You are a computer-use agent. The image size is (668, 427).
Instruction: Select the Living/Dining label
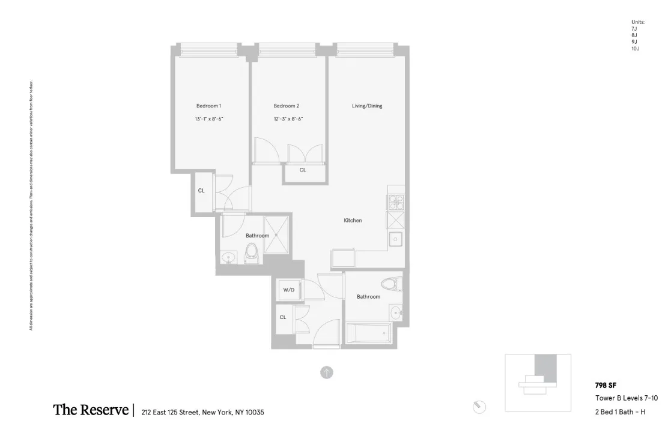click(x=367, y=106)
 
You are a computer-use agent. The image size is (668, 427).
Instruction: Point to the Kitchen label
click(x=353, y=221)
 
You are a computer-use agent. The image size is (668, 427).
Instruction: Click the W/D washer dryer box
click(x=289, y=290)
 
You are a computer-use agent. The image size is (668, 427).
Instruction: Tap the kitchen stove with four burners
click(x=396, y=202)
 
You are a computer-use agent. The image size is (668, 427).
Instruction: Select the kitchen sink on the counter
click(x=396, y=239)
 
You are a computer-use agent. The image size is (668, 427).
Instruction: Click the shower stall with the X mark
click(x=277, y=234)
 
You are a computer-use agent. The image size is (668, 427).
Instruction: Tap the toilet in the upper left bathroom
click(x=251, y=254)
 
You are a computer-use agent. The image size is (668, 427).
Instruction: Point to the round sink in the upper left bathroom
click(x=228, y=258)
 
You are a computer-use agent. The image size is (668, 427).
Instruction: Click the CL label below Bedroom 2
click(x=303, y=170)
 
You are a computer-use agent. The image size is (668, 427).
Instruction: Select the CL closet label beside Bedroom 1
click(x=201, y=191)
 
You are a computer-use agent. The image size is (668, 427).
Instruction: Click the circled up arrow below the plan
click(x=326, y=372)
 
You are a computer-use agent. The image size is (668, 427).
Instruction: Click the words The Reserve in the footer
click(x=91, y=410)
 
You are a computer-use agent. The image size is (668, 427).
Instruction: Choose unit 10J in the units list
click(x=635, y=49)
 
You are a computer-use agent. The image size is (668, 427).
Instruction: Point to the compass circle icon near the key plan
click(x=479, y=407)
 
